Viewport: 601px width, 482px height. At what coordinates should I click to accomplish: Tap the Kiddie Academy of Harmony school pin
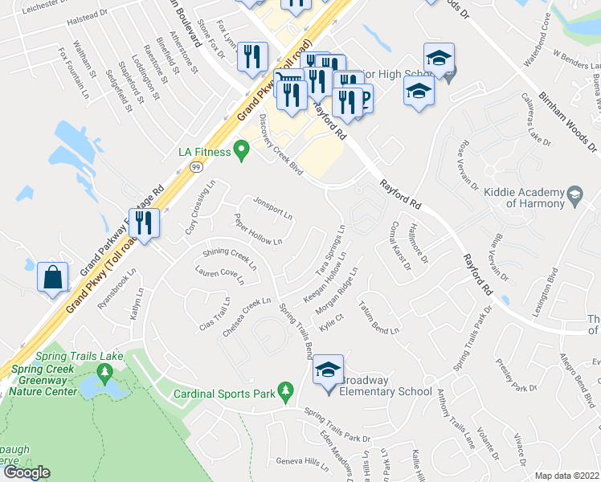[574, 194]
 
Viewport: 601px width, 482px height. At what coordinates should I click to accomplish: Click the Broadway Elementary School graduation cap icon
[328, 370]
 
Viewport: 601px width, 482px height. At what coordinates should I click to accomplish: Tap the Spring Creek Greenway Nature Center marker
[104, 373]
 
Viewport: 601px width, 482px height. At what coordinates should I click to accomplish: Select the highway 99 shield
[195, 166]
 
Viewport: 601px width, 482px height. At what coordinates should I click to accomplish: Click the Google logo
[26, 472]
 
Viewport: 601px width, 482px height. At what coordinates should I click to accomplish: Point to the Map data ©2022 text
[566, 475]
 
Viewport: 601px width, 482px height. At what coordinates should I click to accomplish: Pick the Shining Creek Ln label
[230, 258]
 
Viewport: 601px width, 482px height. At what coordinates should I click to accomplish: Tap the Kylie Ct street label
[331, 321]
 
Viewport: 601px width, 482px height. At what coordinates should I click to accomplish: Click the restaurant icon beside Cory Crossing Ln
[144, 223]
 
